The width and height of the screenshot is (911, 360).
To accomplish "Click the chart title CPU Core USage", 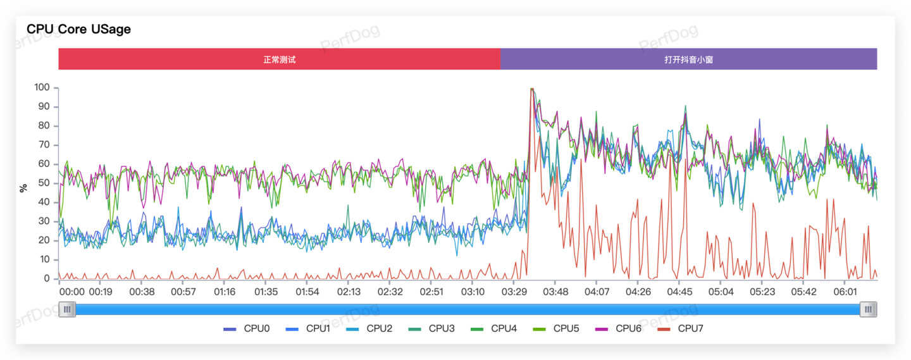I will [x=78, y=29].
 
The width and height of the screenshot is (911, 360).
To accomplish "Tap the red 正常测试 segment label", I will [x=280, y=59].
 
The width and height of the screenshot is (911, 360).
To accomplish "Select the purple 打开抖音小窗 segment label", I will [x=688, y=59].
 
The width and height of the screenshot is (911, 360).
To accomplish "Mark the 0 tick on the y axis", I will [x=47, y=278].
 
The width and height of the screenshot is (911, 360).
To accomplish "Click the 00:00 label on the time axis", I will [x=71, y=292].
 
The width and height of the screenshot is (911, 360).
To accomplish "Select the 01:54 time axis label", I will [x=307, y=292].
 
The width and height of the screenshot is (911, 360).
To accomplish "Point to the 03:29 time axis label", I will [x=514, y=292].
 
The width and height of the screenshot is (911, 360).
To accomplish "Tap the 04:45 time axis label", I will [x=679, y=292].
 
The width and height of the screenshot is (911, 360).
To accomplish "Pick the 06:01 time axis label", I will [x=845, y=292].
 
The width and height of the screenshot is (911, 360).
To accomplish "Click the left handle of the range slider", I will [x=67, y=309].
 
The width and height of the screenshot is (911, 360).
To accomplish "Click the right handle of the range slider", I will [x=868, y=309].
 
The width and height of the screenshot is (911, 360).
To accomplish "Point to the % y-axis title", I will [x=24, y=188].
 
